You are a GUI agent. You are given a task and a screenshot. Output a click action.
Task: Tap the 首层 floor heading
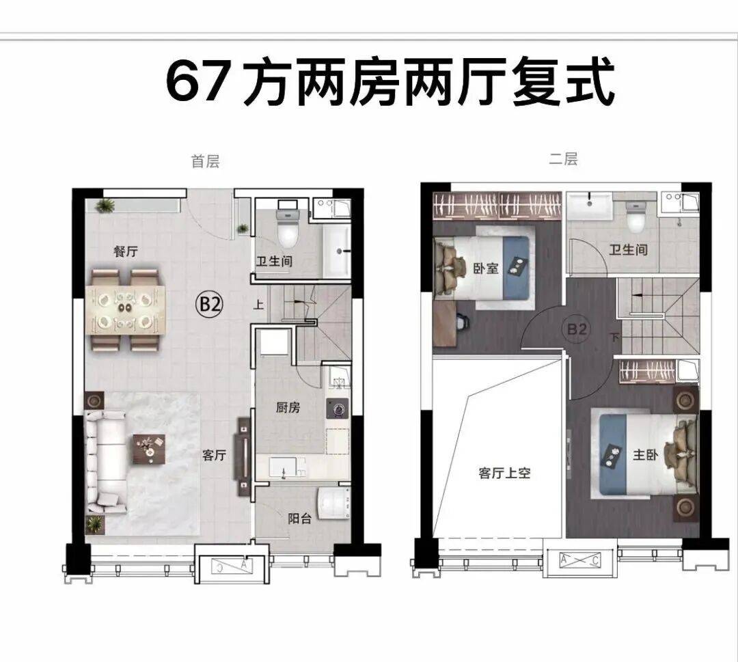point(205,161)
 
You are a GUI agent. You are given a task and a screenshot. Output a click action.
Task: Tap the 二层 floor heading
point(563,159)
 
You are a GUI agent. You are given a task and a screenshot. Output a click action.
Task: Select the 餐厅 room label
point(126,251)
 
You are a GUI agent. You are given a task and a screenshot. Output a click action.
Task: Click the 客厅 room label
point(214,455)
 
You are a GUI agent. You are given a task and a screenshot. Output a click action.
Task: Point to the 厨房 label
point(288,407)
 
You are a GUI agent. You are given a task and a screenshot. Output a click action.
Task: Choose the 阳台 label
point(300,519)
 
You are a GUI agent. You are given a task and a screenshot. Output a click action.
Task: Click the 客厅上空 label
point(504,473)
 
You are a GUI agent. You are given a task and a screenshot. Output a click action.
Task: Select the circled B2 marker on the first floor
point(210,305)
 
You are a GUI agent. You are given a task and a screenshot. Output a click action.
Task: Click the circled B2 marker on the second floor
point(577,329)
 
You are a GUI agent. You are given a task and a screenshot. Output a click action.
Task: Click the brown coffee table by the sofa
point(149,449)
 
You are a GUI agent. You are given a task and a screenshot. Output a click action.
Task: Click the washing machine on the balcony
point(333,504)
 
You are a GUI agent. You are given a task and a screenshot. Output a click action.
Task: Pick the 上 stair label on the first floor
point(258,305)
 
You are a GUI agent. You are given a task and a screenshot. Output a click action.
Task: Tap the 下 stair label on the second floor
point(614,337)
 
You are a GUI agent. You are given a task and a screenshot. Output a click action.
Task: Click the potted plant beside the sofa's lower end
point(94,524)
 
